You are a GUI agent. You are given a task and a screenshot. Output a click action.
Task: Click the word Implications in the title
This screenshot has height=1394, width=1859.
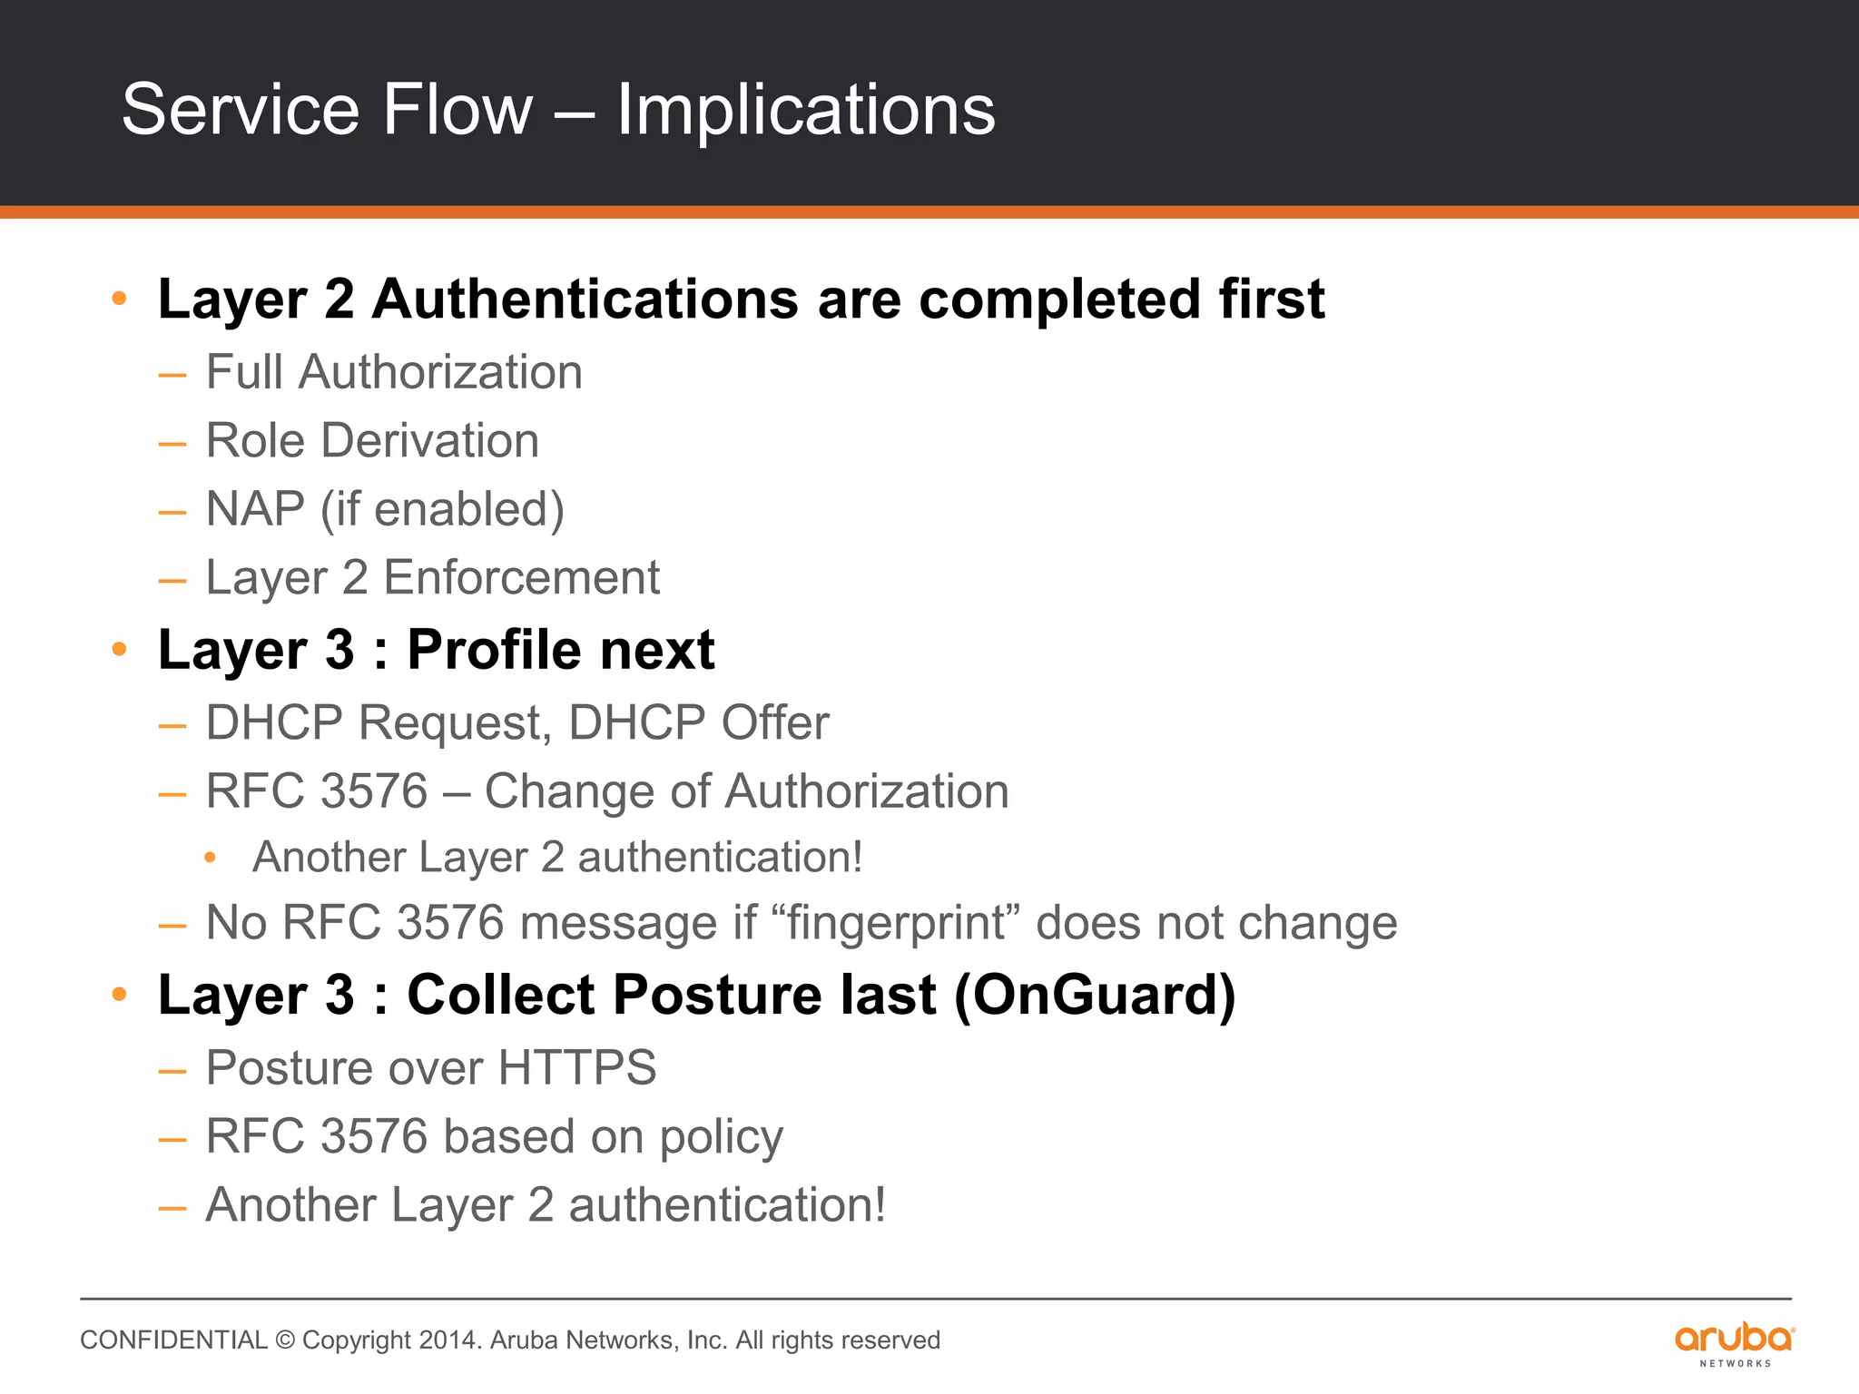coord(806,111)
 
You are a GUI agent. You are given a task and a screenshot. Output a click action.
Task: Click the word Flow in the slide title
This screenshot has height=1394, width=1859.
coord(457,111)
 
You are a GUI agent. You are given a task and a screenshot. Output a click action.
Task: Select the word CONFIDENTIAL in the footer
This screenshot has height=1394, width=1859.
coord(173,1340)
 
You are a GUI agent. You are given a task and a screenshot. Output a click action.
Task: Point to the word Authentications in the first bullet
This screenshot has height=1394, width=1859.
coord(585,299)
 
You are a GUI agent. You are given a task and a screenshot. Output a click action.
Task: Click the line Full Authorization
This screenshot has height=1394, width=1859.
coord(394,372)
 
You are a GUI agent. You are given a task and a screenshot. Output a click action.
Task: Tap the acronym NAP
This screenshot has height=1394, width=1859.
coord(255,509)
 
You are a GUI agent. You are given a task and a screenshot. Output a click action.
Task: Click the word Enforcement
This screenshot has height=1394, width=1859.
coord(521,578)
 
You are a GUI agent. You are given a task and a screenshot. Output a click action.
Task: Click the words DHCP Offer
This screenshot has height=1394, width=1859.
coord(698,723)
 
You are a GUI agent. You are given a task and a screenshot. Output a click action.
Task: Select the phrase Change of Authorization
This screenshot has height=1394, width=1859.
coord(746,791)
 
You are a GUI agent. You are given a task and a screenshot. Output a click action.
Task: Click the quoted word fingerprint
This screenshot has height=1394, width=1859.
coord(895,924)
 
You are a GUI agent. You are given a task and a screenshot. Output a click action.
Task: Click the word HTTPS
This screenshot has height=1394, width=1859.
coord(576,1068)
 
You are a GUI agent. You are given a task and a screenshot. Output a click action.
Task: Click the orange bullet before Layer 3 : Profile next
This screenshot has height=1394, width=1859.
coord(119,649)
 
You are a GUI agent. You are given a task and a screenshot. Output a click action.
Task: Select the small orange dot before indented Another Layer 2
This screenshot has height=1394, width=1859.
coord(210,858)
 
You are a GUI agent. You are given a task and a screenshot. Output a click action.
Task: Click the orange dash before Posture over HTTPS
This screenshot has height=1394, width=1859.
coord(172,1071)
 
